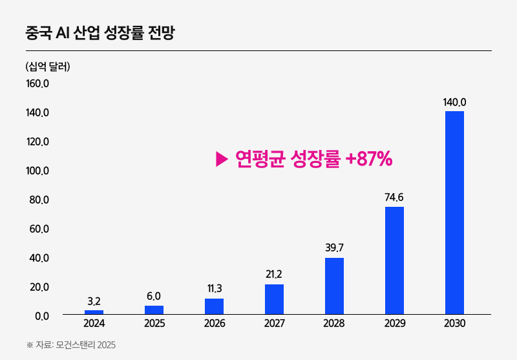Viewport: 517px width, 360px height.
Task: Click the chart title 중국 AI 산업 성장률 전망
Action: coord(100,32)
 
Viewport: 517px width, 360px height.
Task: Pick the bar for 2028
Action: coord(334,286)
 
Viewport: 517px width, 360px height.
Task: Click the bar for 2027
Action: coord(274,299)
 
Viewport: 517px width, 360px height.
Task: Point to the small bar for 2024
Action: coord(94,312)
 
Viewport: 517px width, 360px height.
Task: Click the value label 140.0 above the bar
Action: coord(454,102)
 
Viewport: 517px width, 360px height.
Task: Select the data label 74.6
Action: coord(394,197)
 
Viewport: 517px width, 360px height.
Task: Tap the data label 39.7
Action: coord(334,248)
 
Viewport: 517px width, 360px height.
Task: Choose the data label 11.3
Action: coord(214,288)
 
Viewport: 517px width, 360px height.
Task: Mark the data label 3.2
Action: coord(94,301)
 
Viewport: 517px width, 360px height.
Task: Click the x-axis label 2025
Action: coord(154,323)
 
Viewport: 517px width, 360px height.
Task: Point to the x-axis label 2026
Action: coord(214,323)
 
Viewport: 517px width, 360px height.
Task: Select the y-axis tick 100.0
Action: coord(37,171)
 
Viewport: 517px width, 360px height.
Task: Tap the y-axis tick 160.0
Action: coord(37,83)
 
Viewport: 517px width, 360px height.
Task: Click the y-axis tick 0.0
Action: coord(41,315)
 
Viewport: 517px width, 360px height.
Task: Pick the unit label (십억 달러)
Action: coord(47,66)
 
